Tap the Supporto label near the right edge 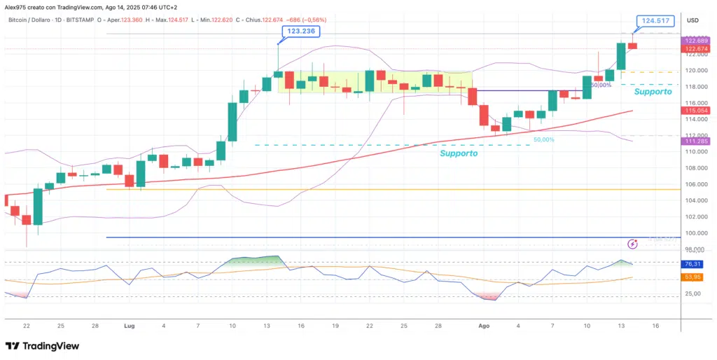[x=653, y=92]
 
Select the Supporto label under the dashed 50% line [x=459, y=153]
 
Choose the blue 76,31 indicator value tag [x=692, y=264]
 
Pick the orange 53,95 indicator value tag [x=692, y=277]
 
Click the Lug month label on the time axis [x=130, y=326]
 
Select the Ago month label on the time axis [x=483, y=326]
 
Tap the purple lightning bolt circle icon [x=633, y=244]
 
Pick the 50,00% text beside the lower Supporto [x=544, y=139]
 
